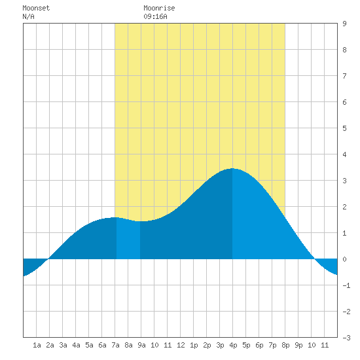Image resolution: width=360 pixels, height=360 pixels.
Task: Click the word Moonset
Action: [x=36, y=8]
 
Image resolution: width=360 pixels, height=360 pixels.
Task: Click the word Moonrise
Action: [x=159, y=8]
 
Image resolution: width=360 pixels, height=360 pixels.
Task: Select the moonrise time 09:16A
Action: [x=155, y=16]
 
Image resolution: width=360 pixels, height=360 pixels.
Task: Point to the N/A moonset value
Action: [x=28, y=16]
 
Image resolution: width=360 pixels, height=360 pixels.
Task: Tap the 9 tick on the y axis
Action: [x=344, y=24]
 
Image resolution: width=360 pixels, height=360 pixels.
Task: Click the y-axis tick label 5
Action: [x=344, y=128]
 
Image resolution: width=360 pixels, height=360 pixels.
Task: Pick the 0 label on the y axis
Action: [x=344, y=259]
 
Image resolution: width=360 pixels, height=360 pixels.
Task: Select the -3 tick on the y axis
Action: [x=346, y=338]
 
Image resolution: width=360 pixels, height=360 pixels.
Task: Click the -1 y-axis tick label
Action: [x=346, y=285]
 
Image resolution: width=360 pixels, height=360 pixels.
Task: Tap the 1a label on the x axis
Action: [x=37, y=345]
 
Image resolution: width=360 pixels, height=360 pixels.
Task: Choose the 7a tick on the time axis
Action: [x=115, y=345]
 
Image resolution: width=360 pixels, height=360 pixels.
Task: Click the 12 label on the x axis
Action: [x=181, y=345]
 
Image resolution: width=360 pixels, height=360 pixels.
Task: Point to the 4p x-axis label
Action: [x=233, y=345]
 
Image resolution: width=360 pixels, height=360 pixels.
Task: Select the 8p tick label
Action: [x=285, y=345]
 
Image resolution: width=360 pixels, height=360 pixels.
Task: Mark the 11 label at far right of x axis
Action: [x=325, y=345]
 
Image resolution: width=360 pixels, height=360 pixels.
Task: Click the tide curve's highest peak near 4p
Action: [x=232, y=168]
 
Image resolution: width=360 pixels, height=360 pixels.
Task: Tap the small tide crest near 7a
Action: [x=115, y=217]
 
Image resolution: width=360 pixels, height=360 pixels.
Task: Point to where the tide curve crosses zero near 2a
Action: [x=48, y=259]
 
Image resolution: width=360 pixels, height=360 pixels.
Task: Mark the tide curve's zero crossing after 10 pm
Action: [x=314, y=259]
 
